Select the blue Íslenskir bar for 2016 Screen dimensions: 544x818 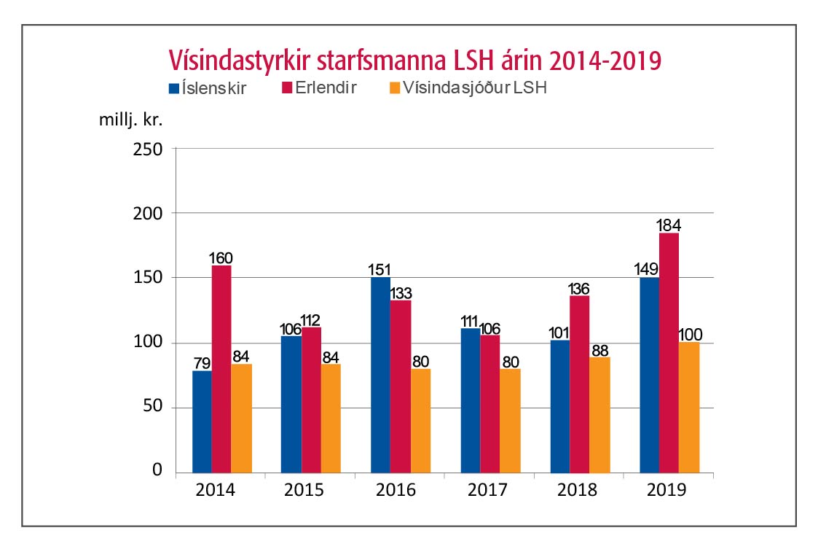pos(380,375)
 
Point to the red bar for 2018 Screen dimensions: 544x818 pos(579,384)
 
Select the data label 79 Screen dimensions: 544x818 pos(201,362)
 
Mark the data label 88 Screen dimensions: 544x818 pos(600,349)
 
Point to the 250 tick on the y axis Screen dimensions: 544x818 pos(149,149)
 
